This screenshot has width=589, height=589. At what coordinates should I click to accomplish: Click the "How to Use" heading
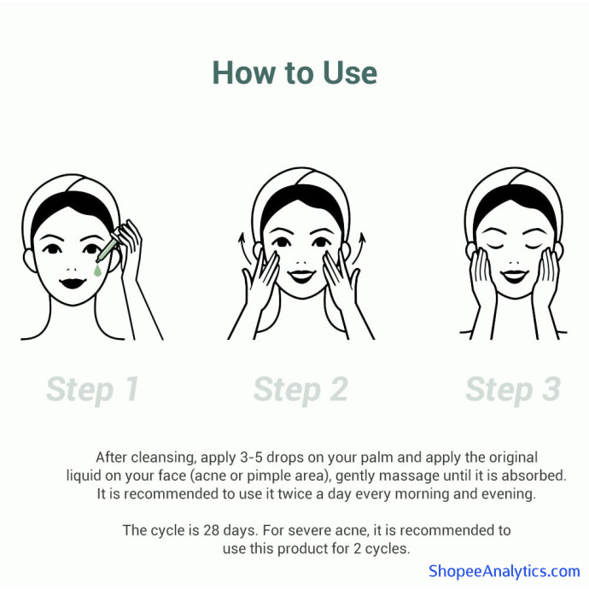coord(294,73)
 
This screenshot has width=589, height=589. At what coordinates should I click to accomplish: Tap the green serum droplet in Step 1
coord(97,270)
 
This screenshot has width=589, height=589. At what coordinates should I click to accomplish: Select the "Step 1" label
coord(93,389)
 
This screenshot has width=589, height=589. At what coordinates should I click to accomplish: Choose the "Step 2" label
coord(300,389)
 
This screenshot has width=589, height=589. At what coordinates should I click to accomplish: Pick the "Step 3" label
coord(513,389)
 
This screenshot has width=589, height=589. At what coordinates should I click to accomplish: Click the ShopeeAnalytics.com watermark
coord(504,571)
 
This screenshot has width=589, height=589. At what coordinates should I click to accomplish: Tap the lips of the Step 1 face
coord(73,283)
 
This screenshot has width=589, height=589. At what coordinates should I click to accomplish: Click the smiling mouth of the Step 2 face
coord(302,276)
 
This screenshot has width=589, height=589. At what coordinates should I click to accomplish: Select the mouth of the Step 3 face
coord(514,276)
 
